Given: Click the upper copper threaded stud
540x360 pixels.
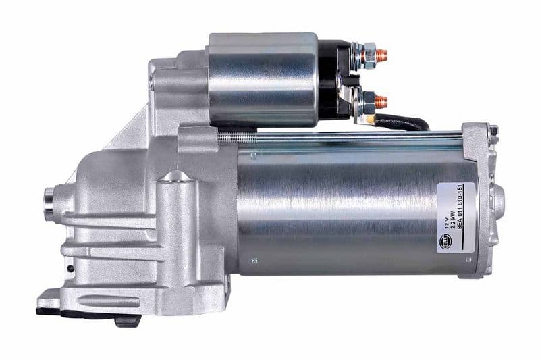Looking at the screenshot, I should [382, 53].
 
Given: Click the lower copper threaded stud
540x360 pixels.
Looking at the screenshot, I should [381, 101].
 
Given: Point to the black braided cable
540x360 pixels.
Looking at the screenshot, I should [405, 123].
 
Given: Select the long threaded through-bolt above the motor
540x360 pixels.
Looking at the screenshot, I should [337, 136].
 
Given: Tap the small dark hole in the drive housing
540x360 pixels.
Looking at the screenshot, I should [70, 269].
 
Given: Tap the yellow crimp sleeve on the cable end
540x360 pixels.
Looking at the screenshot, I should [369, 119].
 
